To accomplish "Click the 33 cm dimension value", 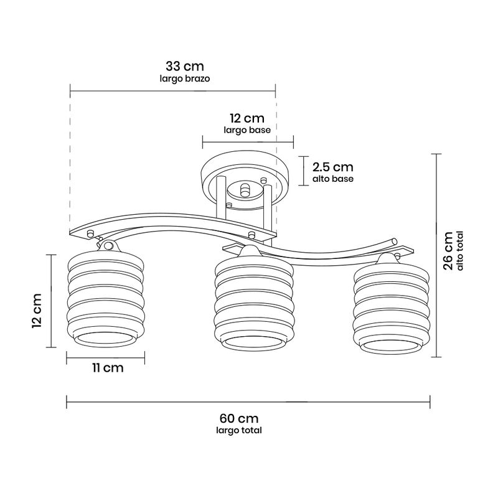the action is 184,67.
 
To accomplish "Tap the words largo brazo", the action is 184,78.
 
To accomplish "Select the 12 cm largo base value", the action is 247,118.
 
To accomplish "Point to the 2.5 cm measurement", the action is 333,167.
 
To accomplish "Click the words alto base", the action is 333,179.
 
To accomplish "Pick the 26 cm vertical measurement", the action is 448,251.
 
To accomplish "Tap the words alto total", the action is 460,251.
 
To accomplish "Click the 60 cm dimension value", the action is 239,418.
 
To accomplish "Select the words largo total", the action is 239,430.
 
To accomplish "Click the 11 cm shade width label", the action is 108,368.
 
